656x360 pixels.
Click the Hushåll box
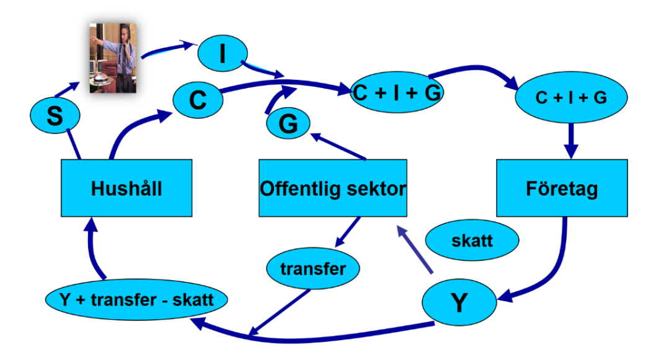point(126,188)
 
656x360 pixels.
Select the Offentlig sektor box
point(332,188)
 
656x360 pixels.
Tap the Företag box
point(562,188)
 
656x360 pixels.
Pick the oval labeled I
point(222,55)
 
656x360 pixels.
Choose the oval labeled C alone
point(198,100)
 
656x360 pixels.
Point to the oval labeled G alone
point(288,124)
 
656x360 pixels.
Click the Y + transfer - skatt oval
point(136,301)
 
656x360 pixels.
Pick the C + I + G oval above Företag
point(571,98)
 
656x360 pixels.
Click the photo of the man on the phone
point(113,58)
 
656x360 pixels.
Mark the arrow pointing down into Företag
point(571,141)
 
